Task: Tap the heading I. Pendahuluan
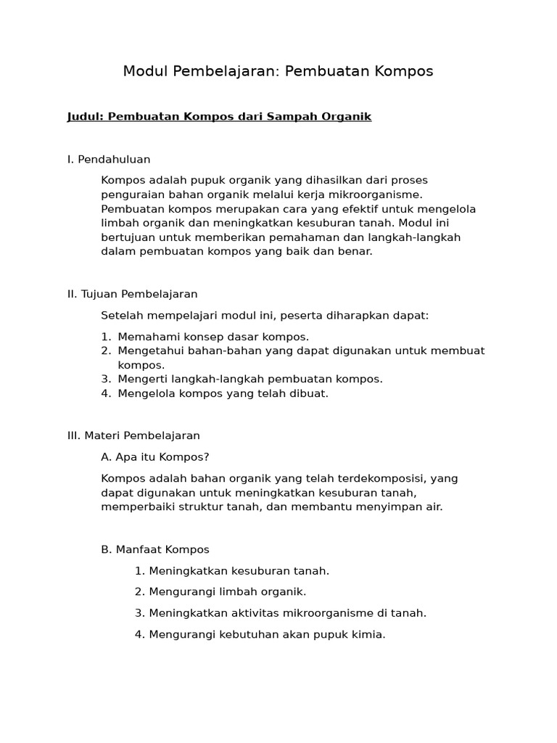pos(109,159)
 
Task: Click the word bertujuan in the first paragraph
pos(127,237)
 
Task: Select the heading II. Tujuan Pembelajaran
pos(132,294)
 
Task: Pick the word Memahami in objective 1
pos(144,337)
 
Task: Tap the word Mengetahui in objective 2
pos(147,351)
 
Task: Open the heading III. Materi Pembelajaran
pos(133,436)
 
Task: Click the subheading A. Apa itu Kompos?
pos(155,457)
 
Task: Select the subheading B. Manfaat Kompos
pos(155,549)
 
